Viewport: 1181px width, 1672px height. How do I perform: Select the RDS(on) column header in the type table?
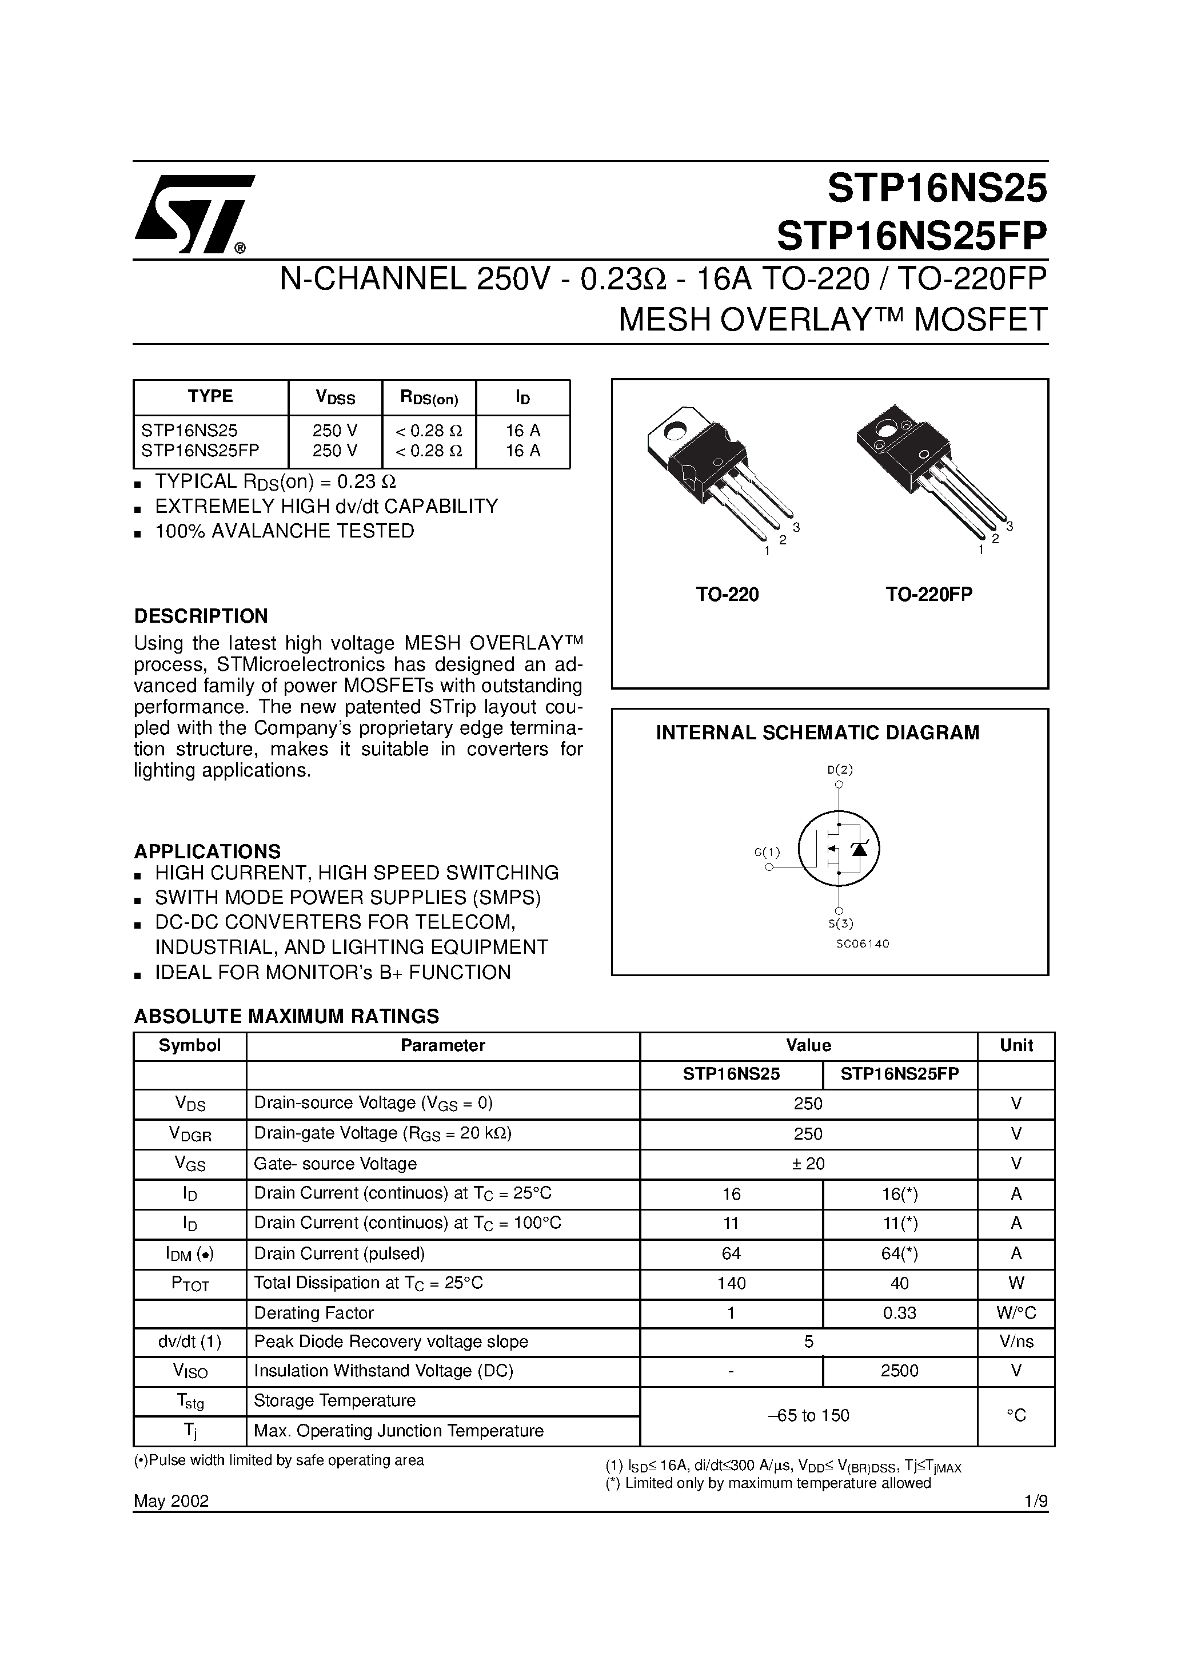(429, 397)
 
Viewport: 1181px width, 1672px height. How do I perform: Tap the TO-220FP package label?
(929, 595)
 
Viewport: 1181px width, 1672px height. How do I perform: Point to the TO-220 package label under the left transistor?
(727, 595)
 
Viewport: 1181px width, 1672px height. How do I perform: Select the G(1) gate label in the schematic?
(767, 851)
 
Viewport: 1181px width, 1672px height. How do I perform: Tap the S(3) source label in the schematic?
(840, 924)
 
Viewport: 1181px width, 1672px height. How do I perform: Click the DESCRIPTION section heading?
(201, 616)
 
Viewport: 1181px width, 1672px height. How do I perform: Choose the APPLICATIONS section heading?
(208, 851)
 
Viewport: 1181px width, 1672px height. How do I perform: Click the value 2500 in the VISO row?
(899, 1371)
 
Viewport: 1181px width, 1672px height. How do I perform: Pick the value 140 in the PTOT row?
(731, 1283)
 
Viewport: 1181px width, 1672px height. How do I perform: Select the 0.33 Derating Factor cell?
(899, 1313)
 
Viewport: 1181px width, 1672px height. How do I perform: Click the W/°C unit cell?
(1016, 1313)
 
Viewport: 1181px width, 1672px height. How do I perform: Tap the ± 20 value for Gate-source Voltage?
(808, 1164)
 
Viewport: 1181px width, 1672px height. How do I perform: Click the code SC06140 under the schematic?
(862, 944)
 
